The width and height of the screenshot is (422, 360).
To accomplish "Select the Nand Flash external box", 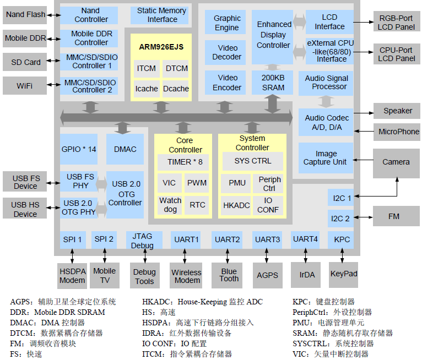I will (26, 15).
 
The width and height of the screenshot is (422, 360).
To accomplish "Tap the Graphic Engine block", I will (227, 23).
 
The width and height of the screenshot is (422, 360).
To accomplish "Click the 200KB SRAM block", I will (273, 83).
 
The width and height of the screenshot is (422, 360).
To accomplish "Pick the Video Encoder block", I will (227, 83).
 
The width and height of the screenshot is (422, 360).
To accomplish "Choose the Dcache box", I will (176, 88).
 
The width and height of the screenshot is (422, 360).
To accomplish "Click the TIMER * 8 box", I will (185, 162).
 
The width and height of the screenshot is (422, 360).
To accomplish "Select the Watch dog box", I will (170, 205).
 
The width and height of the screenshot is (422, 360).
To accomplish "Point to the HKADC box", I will (236, 205).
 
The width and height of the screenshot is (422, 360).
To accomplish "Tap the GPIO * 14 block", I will (79, 149).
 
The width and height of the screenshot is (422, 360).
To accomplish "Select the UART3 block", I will (267, 239).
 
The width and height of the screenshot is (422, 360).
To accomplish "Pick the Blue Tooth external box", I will (229, 275).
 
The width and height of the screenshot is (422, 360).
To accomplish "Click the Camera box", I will (396, 162).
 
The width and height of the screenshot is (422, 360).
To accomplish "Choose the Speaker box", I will (397, 111).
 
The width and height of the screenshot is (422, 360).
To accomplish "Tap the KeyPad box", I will (344, 274).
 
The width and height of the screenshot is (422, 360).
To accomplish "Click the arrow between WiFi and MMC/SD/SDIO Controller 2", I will (54, 85).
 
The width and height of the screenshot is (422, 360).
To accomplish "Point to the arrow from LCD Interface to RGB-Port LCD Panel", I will (363, 22).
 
